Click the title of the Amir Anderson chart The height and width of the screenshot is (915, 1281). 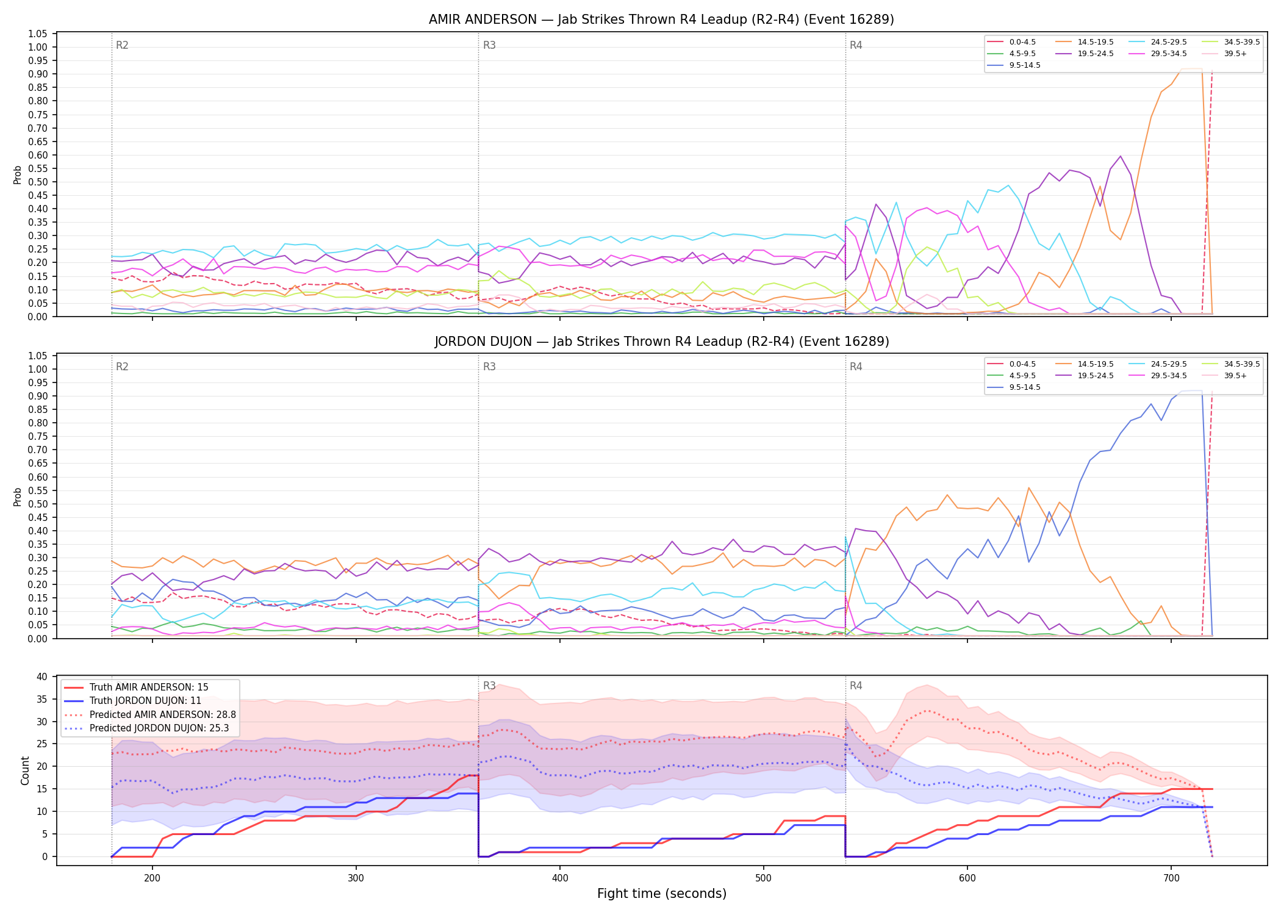click(661, 20)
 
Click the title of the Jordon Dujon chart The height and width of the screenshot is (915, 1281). click(661, 342)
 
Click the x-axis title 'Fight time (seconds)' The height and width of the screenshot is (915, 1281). click(662, 894)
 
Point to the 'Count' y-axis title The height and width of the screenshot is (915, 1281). click(25, 770)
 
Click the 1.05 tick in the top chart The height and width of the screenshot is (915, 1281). click(38, 34)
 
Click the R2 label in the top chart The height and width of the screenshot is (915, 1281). click(122, 45)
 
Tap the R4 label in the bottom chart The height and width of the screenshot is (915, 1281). click(856, 686)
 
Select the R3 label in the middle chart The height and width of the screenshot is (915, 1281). click(489, 367)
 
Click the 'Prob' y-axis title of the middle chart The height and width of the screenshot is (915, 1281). click(18, 497)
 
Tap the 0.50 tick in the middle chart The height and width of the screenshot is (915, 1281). click(38, 504)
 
